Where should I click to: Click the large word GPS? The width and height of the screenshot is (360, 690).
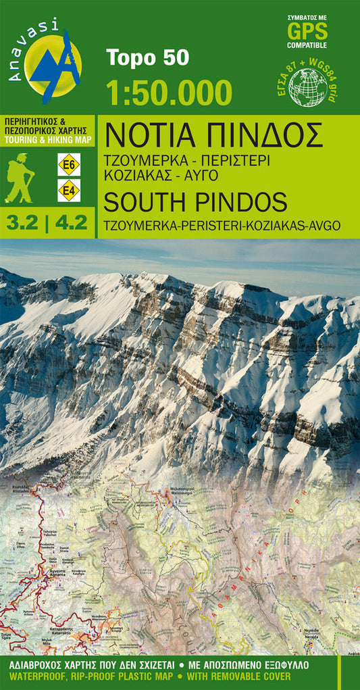(307, 32)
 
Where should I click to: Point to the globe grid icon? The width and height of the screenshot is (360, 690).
(307, 87)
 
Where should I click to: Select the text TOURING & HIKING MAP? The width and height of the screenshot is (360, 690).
(47, 139)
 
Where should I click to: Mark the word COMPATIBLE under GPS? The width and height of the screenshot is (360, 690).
(307, 45)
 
